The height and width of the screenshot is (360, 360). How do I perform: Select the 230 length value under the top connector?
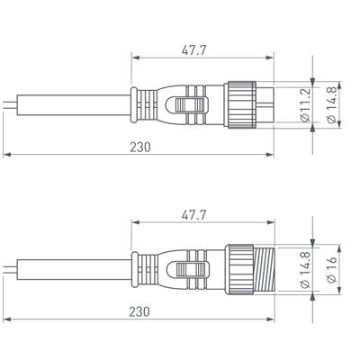point(139,146)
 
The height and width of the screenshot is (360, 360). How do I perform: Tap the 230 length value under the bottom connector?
point(139,310)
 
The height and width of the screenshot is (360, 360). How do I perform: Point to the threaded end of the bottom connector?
point(265,268)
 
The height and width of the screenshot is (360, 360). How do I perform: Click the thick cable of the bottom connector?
point(72,268)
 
